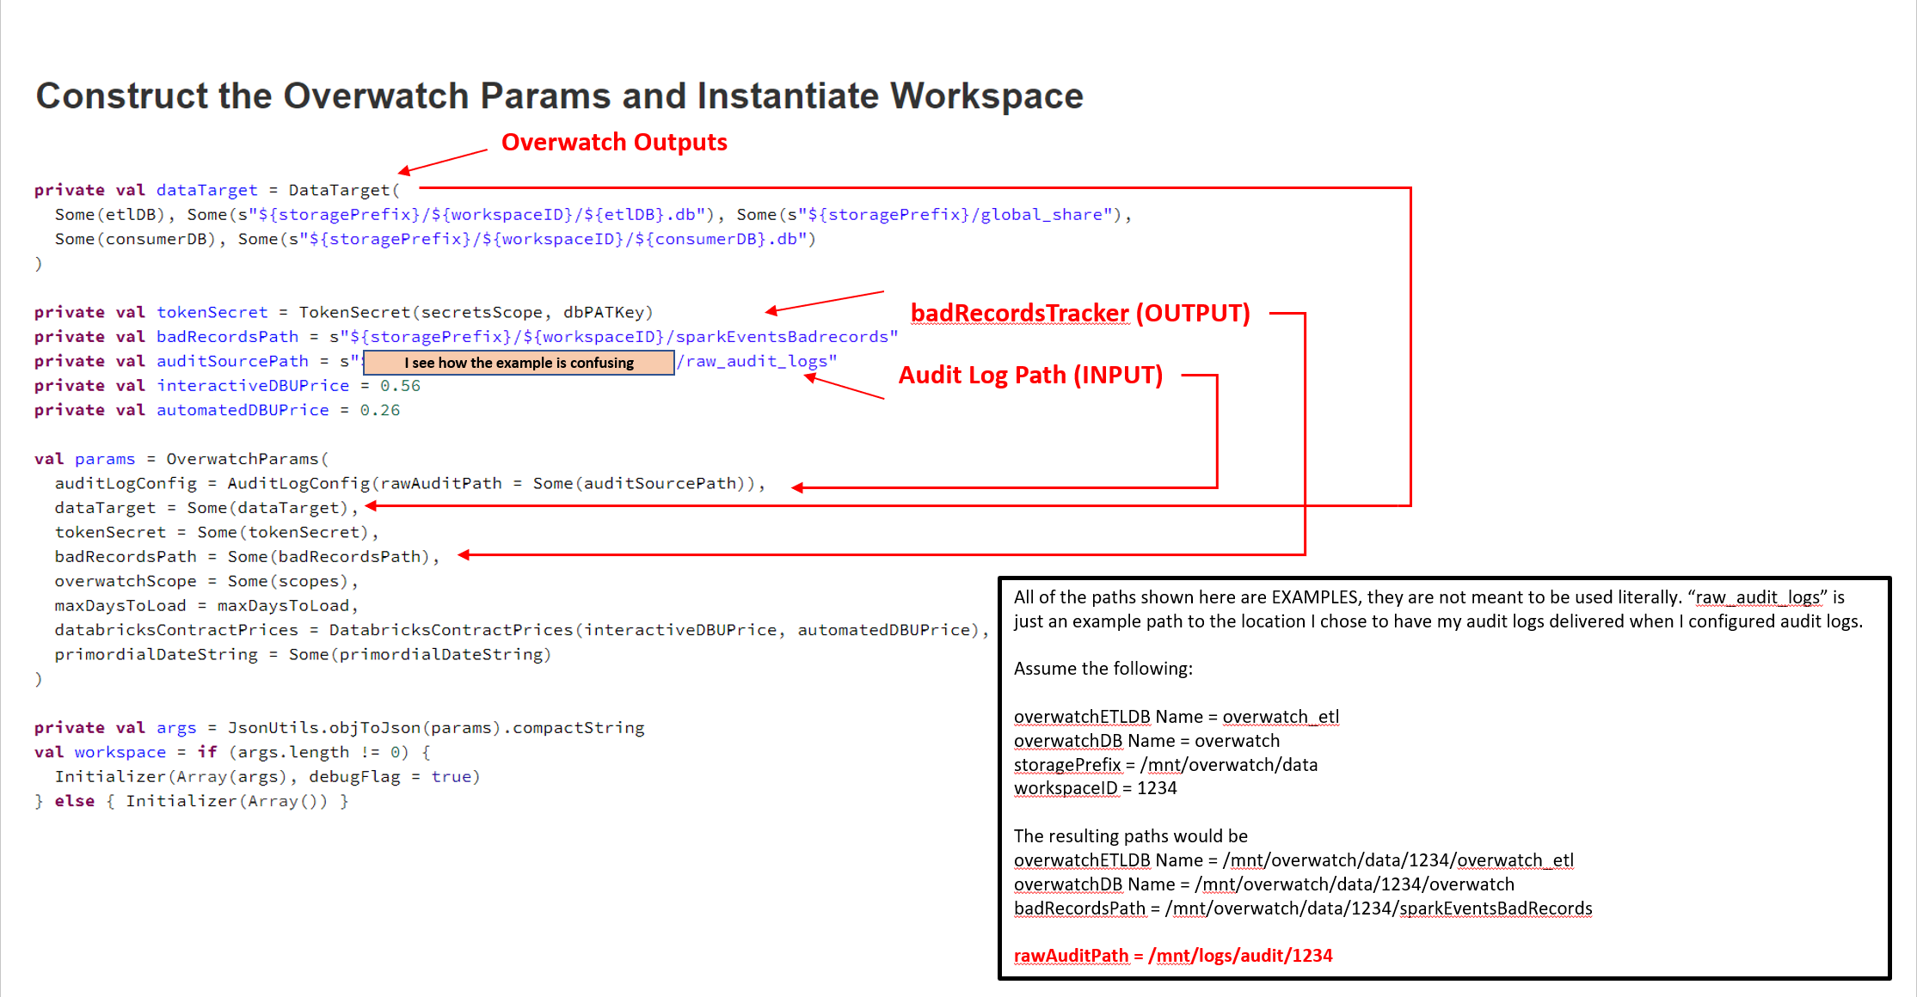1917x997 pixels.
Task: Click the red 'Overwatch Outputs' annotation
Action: point(614,143)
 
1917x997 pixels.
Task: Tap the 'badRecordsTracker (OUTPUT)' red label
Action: point(1079,314)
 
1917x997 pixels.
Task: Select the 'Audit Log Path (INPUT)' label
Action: point(1030,376)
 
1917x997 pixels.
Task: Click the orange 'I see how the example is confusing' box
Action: point(519,363)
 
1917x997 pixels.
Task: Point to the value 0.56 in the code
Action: point(400,386)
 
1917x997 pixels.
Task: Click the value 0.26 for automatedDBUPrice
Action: point(379,411)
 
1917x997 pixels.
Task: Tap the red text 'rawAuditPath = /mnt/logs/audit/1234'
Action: point(1172,956)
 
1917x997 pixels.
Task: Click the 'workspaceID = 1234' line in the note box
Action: point(1095,788)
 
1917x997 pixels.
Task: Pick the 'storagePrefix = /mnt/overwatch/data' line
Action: point(1165,765)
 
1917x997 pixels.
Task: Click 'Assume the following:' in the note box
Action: point(1103,669)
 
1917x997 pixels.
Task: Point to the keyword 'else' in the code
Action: point(75,801)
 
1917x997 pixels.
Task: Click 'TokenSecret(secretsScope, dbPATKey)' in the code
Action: point(476,313)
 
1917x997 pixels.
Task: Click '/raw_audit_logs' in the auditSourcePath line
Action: point(753,362)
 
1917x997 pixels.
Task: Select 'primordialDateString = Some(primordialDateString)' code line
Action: point(303,655)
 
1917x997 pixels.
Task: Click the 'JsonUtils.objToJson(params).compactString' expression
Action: point(435,728)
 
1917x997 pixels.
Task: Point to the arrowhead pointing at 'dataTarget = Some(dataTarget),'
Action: point(372,506)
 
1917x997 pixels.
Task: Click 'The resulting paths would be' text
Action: point(1130,836)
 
